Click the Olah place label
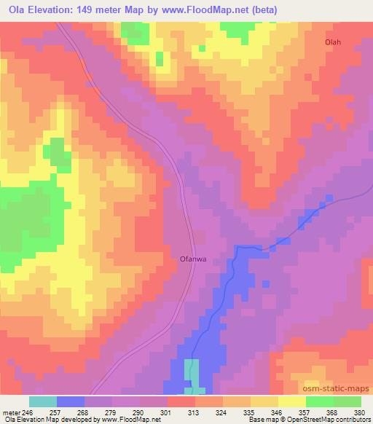click(x=332, y=42)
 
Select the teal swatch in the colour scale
click(x=42, y=401)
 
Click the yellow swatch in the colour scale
click(x=291, y=401)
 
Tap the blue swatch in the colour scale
click(x=71, y=401)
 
